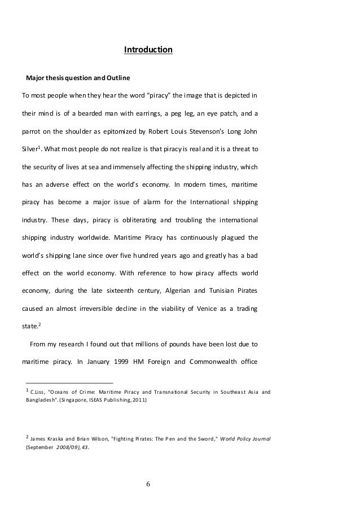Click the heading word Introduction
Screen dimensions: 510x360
coord(148,51)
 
